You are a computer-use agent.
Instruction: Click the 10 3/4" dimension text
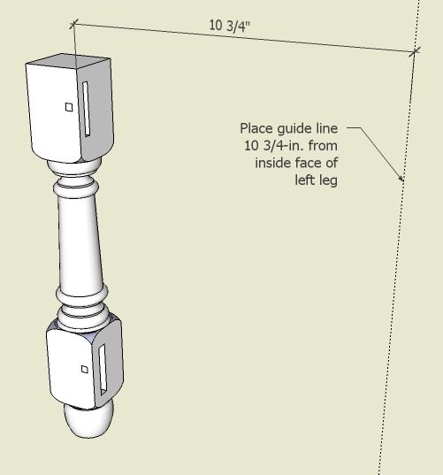(230, 26)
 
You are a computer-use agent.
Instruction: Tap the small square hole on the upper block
(69, 107)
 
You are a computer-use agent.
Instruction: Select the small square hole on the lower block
(85, 369)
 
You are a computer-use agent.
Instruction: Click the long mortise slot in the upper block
(87, 109)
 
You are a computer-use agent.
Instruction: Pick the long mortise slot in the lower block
(103, 370)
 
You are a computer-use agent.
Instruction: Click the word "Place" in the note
(256, 128)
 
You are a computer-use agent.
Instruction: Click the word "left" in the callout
(305, 180)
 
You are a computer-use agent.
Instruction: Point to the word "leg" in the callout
(328, 181)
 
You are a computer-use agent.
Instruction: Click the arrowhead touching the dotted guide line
(401, 178)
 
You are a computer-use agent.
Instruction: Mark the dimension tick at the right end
(414, 52)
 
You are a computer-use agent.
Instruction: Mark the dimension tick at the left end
(74, 24)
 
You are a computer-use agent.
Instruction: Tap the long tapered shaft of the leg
(80, 241)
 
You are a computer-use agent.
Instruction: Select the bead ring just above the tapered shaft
(76, 188)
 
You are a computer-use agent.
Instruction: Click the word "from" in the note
(323, 146)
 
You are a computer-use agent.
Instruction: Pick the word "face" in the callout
(307, 163)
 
